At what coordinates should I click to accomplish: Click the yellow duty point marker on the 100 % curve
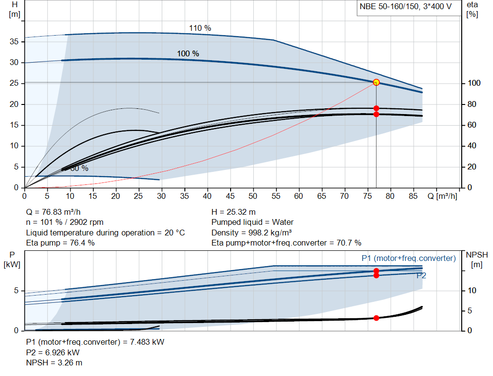click(x=376, y=82)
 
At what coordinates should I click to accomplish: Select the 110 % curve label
click(x=200, y=28)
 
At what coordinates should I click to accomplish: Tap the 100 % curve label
click(x=188, y=53)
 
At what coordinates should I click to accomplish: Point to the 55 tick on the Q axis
click(x=276, y=196)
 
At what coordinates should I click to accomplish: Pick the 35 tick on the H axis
click(x=14, y=42)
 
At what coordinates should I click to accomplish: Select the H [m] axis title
click(x=14, y=9)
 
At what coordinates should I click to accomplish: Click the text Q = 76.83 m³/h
click(x=57, y=212)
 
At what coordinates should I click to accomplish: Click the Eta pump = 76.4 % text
click(x=60, y=243)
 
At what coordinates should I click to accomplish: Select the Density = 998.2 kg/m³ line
click(x=252, y=233)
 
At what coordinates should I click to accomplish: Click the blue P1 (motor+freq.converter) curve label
click(x=408, y=259)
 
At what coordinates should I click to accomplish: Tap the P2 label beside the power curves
click(x=421, y=276)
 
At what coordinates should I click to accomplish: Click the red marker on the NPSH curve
click(x=376, y=318)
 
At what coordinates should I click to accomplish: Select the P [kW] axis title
click(x=11, y=259)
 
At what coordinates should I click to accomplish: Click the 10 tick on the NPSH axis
click(x=471, y=291)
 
